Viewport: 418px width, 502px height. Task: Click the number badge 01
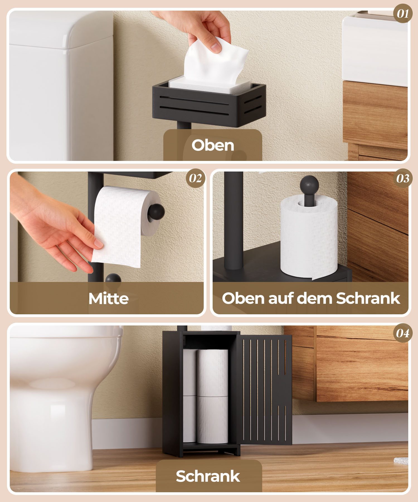[x=403, y=13]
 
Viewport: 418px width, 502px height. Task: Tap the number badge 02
[x=196, y=178]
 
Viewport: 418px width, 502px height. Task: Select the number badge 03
[x=403, y=178]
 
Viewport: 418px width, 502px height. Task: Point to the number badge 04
[x=403, y=333]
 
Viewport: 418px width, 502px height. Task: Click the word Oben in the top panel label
[x=213, y=145]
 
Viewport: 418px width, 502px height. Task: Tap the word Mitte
[x=108, y=298]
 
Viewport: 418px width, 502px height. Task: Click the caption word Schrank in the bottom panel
[x=208, y=476]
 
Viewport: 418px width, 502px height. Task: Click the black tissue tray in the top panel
[x=209, y=103]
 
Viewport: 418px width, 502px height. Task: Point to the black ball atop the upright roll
[x=309, y=184]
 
